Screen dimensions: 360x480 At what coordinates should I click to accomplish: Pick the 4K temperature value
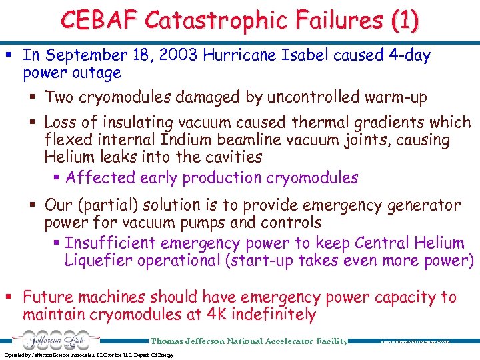(x=216, y=314)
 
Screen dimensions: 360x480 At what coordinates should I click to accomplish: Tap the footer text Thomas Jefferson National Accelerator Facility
(x=249, y=341)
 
